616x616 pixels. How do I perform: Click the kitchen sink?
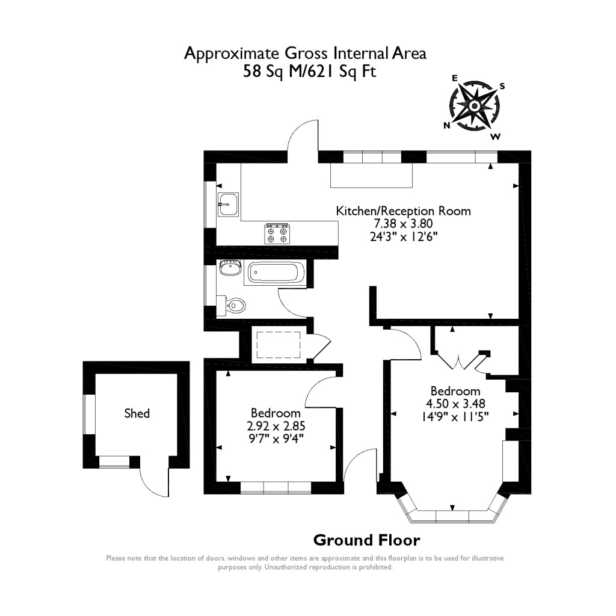point(228,205)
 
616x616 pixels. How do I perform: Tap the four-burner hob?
point(277,233)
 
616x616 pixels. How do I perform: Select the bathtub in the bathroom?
point(275,274)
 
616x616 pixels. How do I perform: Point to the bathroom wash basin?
point(229,267)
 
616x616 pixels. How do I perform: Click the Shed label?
point(137,413)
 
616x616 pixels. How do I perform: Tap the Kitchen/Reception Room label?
point(402,211)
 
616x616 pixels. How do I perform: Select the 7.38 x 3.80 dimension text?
point(402,224)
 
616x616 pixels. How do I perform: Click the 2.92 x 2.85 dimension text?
point(276,426)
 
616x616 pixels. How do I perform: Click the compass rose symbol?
point(474,106)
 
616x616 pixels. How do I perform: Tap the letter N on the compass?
point(447,125)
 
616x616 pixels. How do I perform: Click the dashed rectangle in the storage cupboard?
point(278,345)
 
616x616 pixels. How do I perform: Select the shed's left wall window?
point(88,414)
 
